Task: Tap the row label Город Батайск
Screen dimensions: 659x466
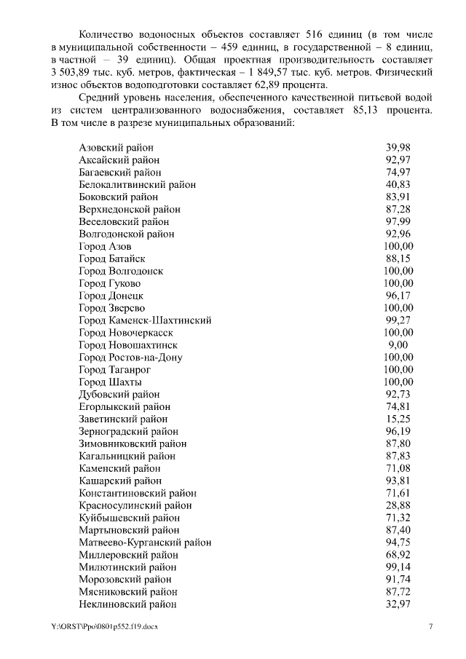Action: [112, 259]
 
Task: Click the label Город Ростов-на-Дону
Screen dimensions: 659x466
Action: [130, 358]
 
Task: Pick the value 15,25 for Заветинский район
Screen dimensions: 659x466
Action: [398, 419]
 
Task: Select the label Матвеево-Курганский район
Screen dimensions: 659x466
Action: [145, 542]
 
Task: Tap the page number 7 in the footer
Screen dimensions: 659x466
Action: [430, 626]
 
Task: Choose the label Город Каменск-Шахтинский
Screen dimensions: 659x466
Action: [145, 320]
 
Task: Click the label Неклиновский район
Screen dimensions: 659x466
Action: [127, 604]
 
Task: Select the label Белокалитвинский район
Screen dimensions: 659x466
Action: [137, 184]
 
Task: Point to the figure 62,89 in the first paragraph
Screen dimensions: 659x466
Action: [243, 84]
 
